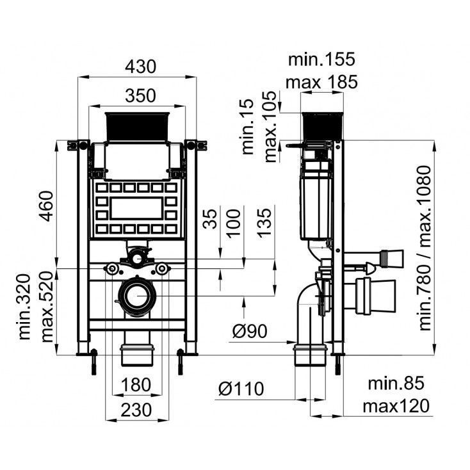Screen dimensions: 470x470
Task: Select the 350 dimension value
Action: [140, 95]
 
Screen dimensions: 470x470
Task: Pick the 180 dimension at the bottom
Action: [134, 385]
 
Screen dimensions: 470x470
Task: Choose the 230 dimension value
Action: [134, 409]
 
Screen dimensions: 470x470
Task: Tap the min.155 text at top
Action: [321, 60]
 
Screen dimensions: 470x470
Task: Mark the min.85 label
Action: [396, 384]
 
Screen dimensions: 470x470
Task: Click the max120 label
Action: [395, 406]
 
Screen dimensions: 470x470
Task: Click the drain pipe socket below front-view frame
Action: [137, 353]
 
